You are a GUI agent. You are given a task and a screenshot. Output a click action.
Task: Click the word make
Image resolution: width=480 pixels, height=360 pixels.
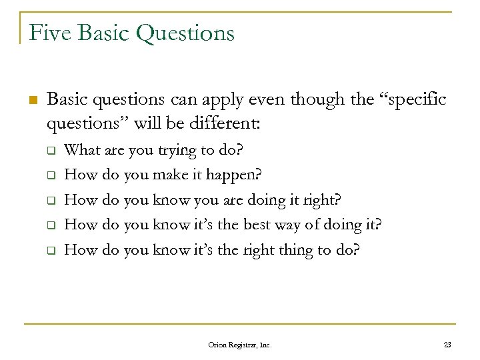point(169,175)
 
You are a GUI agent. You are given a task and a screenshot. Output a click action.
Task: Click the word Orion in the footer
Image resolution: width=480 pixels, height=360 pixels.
point(218,345)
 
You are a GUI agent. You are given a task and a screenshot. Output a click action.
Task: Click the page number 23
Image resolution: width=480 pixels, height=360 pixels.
point(446,345)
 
